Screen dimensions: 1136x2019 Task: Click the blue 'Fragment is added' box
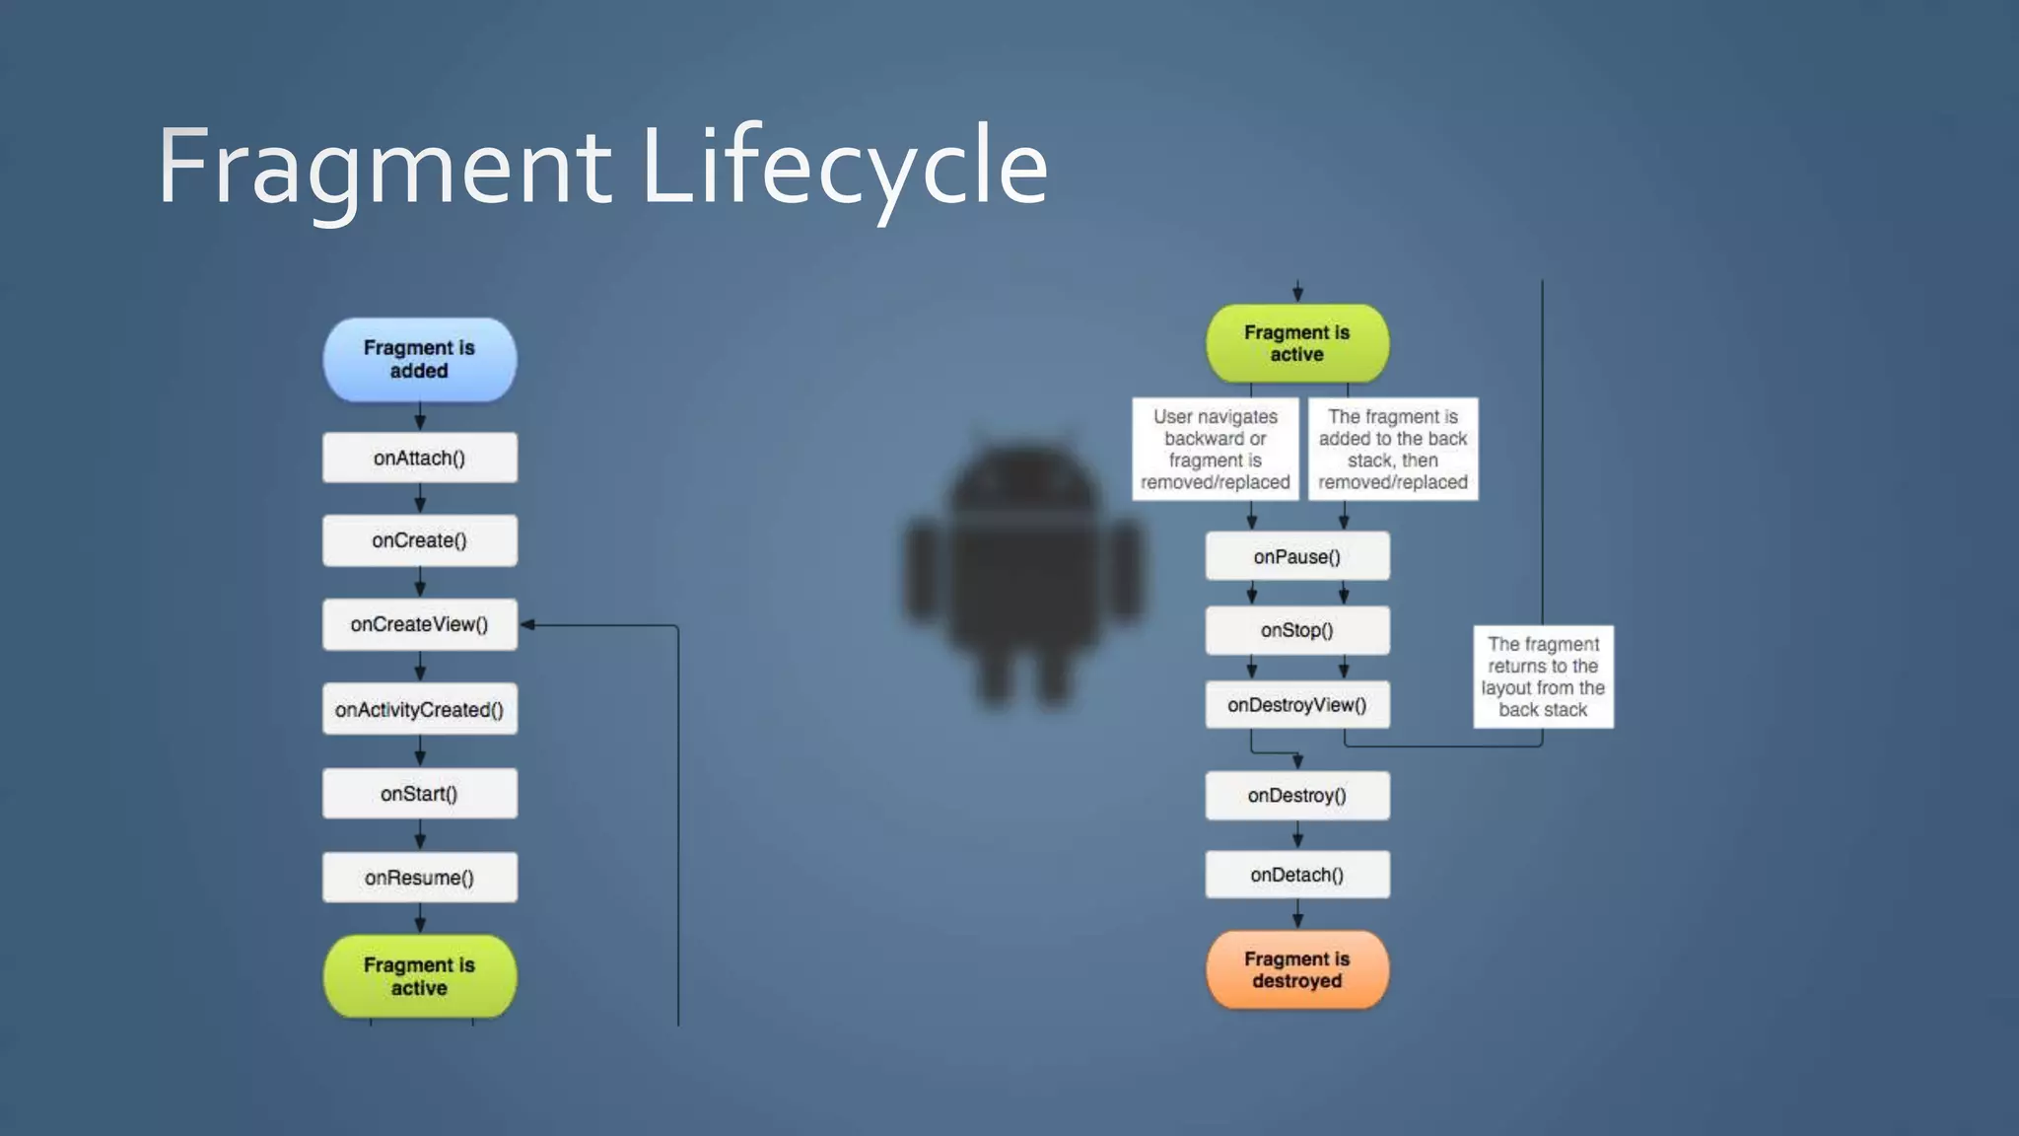tap(419, 360)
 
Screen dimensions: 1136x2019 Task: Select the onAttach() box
tap(419, 458)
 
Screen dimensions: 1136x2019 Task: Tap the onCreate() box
tap(419, 540)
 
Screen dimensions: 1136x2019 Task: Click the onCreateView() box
tap(419, 624)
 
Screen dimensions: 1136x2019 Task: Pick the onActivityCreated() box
tap(419, 709)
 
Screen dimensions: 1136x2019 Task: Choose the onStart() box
tap(419, 794)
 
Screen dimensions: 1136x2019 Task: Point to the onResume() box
tap(419, 878)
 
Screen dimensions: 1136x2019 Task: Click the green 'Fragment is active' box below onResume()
tap(419, 976)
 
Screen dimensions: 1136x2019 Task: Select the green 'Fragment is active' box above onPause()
tap(1297, 343)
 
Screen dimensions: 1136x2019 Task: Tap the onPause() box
tap(1297, 557)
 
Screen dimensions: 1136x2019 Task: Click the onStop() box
tap(1297, 630)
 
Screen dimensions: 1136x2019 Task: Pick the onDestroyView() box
tap(1297, 705)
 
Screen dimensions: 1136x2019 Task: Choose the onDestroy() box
tap(1297, 796)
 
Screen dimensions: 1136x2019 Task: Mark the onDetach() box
tap(1297, 875)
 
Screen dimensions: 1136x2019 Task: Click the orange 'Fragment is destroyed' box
tap(1297, 969)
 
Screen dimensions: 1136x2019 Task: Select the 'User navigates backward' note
tap(1216, 450)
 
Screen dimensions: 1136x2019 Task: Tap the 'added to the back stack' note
tap(1393, 450)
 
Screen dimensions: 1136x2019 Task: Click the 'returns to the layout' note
tap(1543, 676)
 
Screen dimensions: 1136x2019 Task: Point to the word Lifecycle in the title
tap(844, 168)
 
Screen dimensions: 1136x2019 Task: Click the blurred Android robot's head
tap(1023, 488)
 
